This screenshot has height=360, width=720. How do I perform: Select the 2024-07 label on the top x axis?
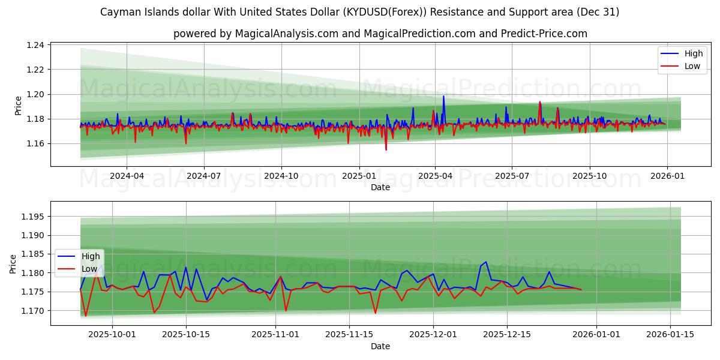(x=203, y=176)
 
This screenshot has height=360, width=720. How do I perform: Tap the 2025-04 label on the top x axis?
(x=435, y=176)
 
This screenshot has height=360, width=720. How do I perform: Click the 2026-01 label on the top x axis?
(x=667, y=176)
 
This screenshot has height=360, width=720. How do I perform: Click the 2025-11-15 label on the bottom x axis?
(x=349, y=335)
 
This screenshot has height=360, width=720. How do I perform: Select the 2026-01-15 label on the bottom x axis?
(x=671, y=335)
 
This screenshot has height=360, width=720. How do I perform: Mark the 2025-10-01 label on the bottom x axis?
(x=112, y=335)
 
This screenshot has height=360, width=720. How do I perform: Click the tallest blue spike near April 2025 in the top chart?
(x=443, y=96)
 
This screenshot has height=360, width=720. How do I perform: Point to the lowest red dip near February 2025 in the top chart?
(x=386, y=149)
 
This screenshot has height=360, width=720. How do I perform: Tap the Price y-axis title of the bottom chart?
(x=13, y=263)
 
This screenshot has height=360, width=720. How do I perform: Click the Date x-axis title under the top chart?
(x=380, y=187)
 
